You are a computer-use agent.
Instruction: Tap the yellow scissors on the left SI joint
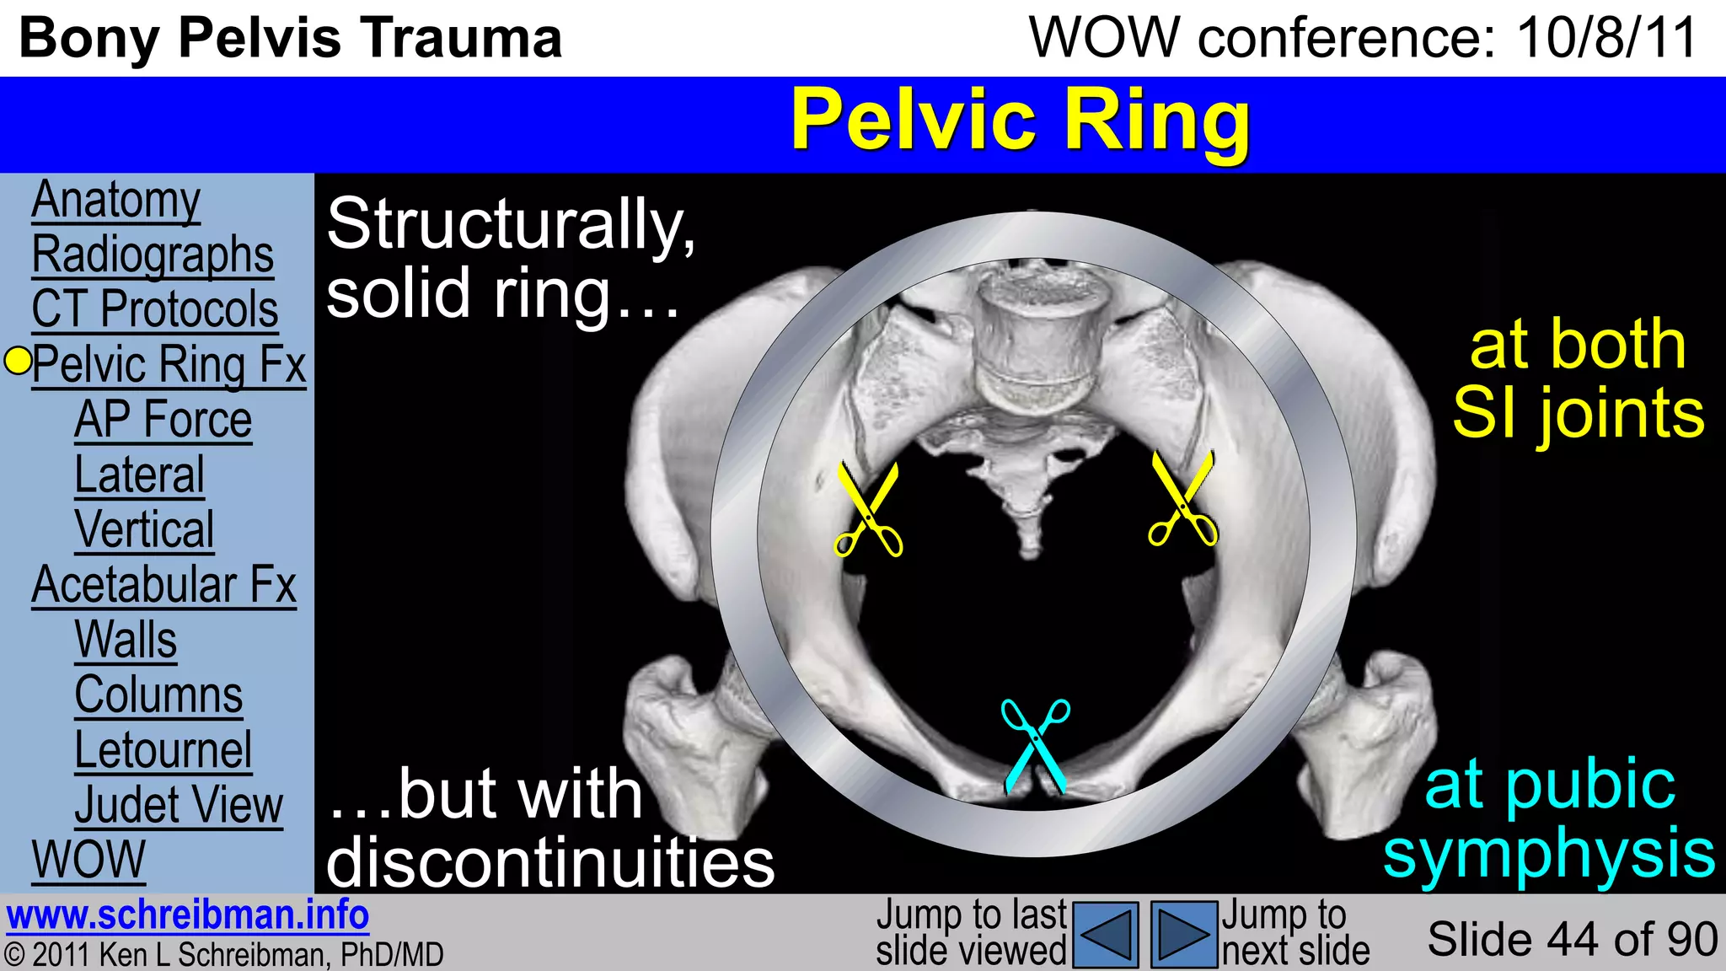point(869,509)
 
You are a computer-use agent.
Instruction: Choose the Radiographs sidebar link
point(153,255)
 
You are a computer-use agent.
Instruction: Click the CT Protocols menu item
point(155,309)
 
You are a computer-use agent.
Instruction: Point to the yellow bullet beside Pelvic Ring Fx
point(18,361)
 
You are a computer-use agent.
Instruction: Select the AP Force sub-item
point(163,420)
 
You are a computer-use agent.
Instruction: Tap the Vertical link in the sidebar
point(144,529)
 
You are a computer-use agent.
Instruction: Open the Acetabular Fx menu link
point(164,585)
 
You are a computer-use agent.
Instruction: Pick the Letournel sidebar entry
point(163,749)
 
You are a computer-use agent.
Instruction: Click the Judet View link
point(179,805)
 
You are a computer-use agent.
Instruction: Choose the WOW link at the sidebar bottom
point(88,860)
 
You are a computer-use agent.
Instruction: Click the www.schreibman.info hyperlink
point(188,915)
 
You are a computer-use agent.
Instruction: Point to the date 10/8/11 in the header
point(1606,38)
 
